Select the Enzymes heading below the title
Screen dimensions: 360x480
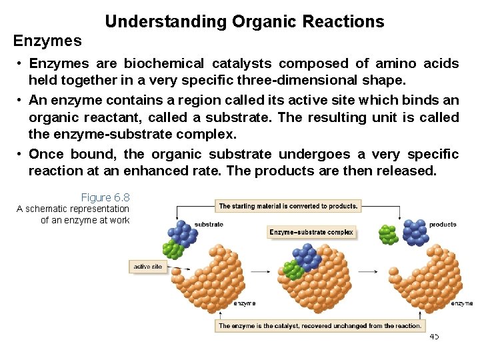tap(47, 41)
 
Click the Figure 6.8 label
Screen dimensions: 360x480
tap(105, 197)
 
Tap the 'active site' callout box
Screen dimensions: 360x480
tap(148, 267)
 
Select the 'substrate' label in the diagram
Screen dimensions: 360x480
tap(209, 224)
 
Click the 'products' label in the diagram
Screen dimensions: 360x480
tap(443, 224)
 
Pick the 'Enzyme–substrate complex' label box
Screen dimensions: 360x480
tap(311, 233)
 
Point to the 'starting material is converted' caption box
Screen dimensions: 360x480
tap(288, 206)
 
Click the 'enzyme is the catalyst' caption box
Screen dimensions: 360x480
tap(320, 326)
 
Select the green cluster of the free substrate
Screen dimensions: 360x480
tap(173, 249)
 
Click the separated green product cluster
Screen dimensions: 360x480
tap(388, 235)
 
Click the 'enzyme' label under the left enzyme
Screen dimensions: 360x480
tap(244, 303)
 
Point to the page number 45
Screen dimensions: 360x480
tap(434, 337)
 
